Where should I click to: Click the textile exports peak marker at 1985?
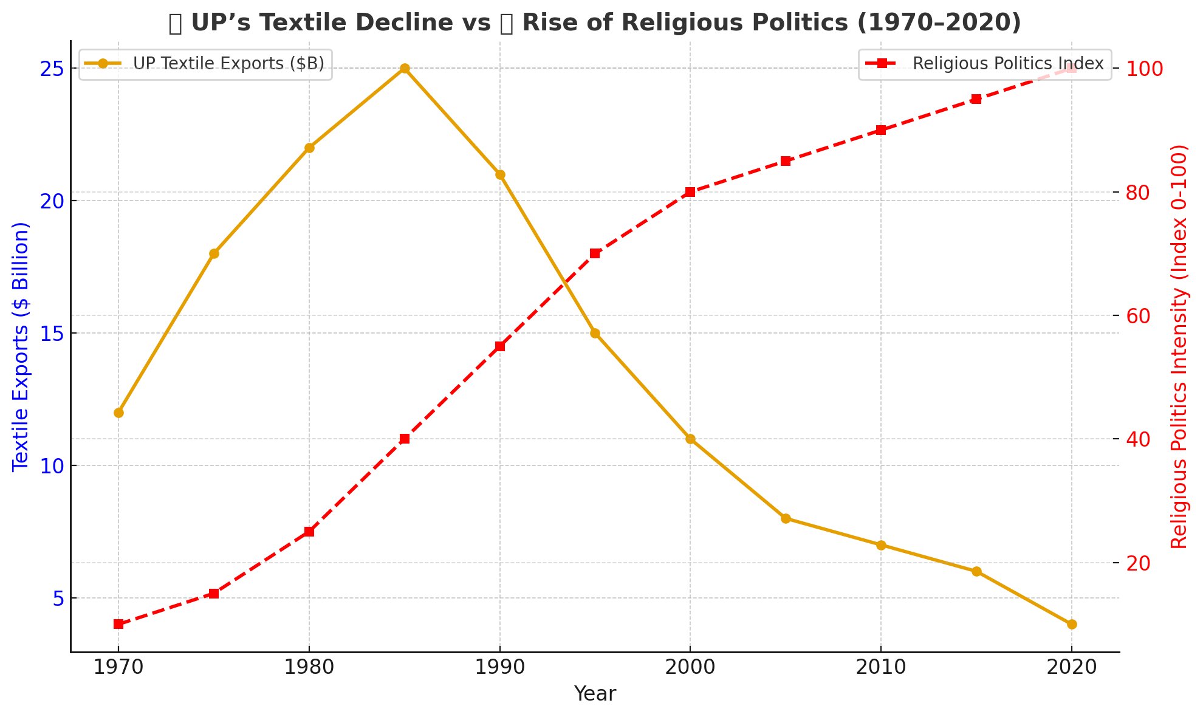(405, 69)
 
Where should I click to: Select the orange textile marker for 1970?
(118, 413)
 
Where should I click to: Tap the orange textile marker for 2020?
(1072, 624)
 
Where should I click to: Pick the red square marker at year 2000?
(690, 192)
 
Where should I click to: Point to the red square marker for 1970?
(118, 624)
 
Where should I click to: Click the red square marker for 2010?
(881, 130)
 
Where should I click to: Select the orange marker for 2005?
(786, 518)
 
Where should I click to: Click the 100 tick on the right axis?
(1145, 69)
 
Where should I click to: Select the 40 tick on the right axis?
(1139, 439)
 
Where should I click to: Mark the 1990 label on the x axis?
(499, 668)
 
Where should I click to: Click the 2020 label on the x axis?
(1072, 668)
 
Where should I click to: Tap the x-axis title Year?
(595, 694)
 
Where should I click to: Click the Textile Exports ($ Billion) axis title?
(21, 346)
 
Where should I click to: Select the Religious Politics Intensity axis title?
(1178, 346)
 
